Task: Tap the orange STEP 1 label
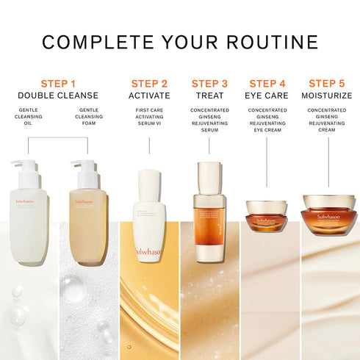(58, 83)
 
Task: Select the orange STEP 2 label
(149, 83)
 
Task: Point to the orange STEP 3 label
(209, 83)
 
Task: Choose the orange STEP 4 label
(267, 83)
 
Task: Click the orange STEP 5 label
(327, 83)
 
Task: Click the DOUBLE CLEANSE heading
(58, 96)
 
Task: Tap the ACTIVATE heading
(149, 96)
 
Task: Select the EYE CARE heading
(267, 96)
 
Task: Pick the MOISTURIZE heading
(327, 96)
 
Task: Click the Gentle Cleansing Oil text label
(29, 117)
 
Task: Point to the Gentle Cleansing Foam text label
(88, 117)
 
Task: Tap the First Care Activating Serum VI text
(149, 117)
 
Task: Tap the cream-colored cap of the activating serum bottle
(149, 184)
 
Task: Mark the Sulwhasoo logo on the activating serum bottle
(149, 251)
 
